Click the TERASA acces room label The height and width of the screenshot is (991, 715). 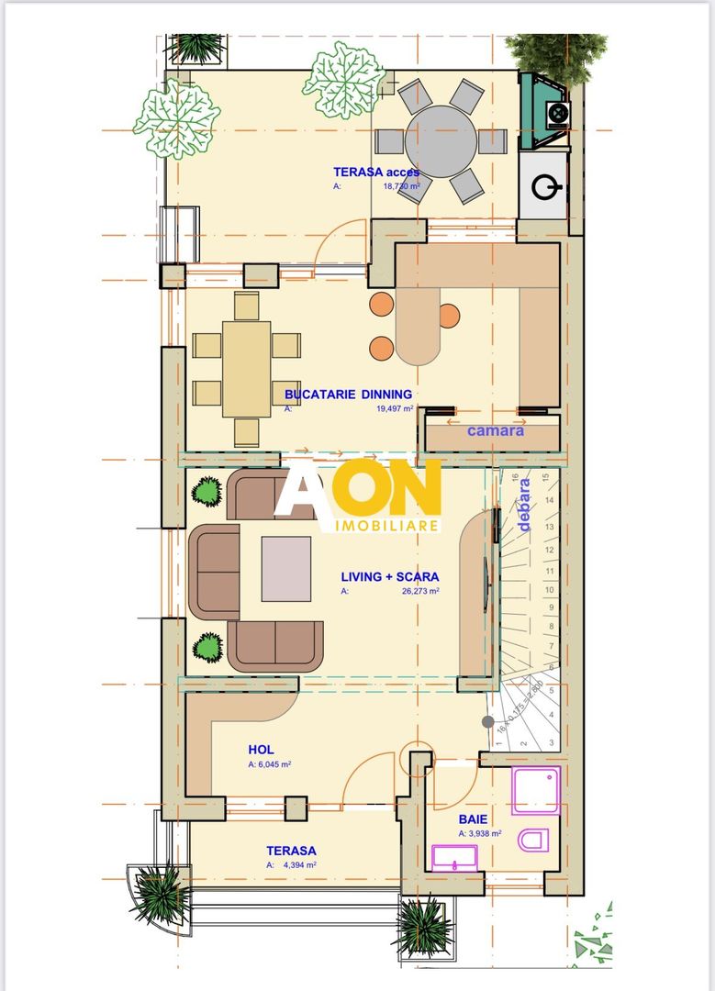coord(375,172)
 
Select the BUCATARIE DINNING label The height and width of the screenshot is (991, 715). coord(348,395)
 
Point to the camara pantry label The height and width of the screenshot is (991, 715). coord(496,429)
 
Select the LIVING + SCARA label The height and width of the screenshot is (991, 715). coord(389,577)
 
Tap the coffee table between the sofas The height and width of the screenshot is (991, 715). coord(285,570)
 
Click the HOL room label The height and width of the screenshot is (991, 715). coord(261,750)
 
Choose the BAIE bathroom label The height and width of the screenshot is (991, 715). coord(474,819)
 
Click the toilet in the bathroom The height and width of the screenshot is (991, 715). coord(533,840)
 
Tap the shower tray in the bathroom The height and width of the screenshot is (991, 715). coord(535,791)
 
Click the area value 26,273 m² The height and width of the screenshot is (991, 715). coord(414,592)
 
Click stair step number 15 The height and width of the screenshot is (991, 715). coord(547,477)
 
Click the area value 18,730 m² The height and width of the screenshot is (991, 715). coord(401,185)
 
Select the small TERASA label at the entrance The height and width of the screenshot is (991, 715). coord(291,851)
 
